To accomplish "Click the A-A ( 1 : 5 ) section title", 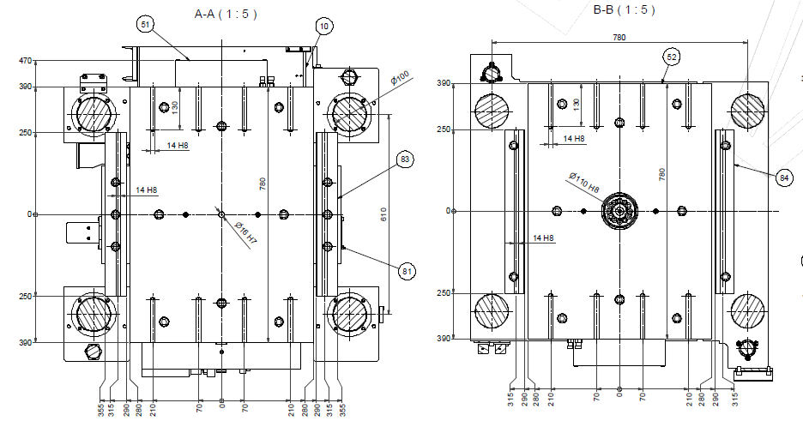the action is click(x=226, y=14).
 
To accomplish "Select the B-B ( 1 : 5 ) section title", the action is click(x=624, y=9).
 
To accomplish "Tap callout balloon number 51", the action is click(x=146, y=24).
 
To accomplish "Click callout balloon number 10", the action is click(x=324, y=26).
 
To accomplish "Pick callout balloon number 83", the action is click(x=405, y=159).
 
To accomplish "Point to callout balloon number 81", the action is click(x=407, y=271).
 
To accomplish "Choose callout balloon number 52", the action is click(x=672, y=57).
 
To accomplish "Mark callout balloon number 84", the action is click(x=784, y=177).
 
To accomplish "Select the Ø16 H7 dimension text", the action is click(x=246, y=232).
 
